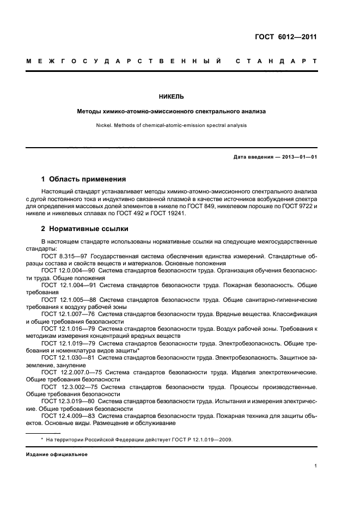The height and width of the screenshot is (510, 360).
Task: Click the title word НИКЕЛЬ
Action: (x=171, y=96)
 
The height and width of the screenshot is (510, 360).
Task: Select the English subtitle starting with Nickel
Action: (x=171, y=125)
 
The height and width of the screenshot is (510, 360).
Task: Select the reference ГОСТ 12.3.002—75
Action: (x=70, y=386)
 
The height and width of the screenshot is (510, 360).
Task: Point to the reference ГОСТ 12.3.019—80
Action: (x=69, y=400)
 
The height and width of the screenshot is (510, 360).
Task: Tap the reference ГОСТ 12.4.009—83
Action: (x=69, y=416)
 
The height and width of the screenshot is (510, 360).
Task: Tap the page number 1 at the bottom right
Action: (x=315, y=466)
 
